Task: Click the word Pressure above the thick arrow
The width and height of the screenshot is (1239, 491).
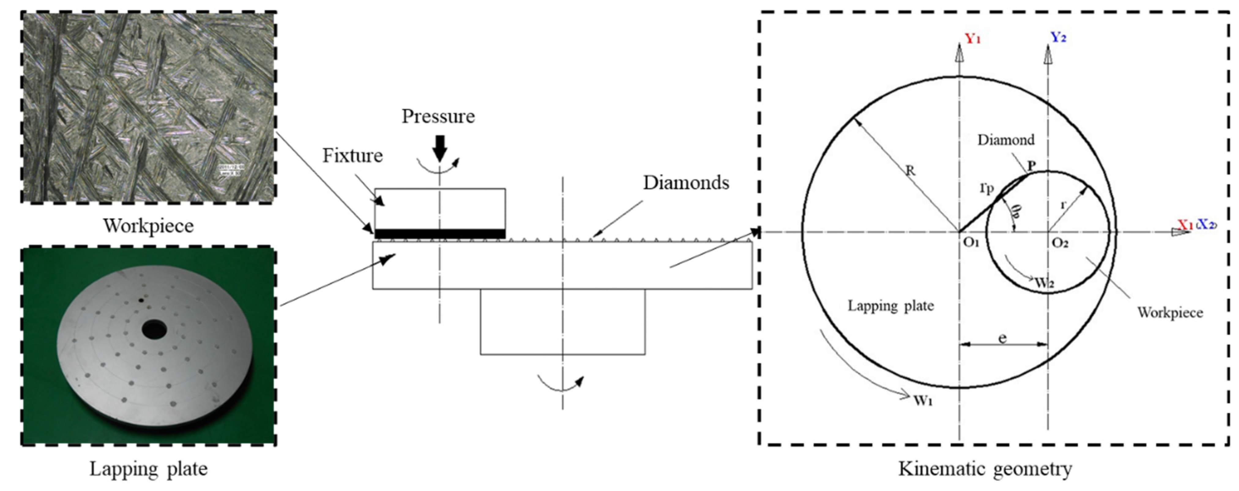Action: tap(438, 117)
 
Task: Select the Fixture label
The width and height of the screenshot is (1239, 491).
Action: tap(352, 156)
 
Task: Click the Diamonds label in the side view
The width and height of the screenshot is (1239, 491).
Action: tap(686, 183)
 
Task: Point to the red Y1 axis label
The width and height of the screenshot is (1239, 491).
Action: tap(972, 39)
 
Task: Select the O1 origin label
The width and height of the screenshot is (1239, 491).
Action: tap(971, 243)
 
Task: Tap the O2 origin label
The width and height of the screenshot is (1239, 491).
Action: tap(1060, 243)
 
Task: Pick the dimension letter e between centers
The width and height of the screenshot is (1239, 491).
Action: tap(1002, 339)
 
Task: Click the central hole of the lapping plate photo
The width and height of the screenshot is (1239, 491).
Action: tap(154, 330)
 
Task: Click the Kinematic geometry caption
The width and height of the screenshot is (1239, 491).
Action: tap(985, 468)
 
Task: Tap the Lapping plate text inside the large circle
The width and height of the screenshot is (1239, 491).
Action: tap(890, 306)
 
